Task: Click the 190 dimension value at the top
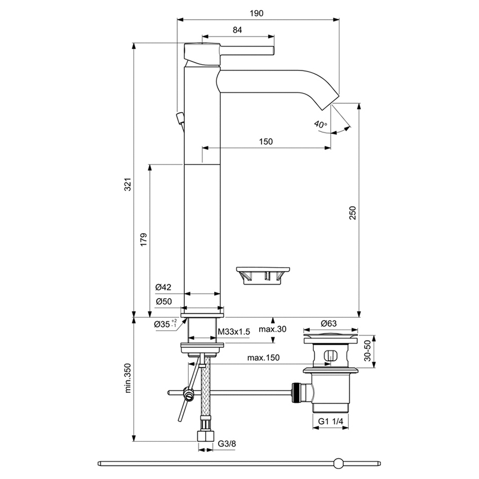pos(259,12)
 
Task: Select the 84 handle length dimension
pos(238,30)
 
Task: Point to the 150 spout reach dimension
pos(266,141)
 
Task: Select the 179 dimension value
pos(144,239)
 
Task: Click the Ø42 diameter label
pos(163,287)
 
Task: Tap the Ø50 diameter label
pos(163,301)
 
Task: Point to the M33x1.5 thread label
pos(233,332)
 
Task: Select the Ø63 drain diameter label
pos(329,323)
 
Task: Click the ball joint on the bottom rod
pos(338,463)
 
